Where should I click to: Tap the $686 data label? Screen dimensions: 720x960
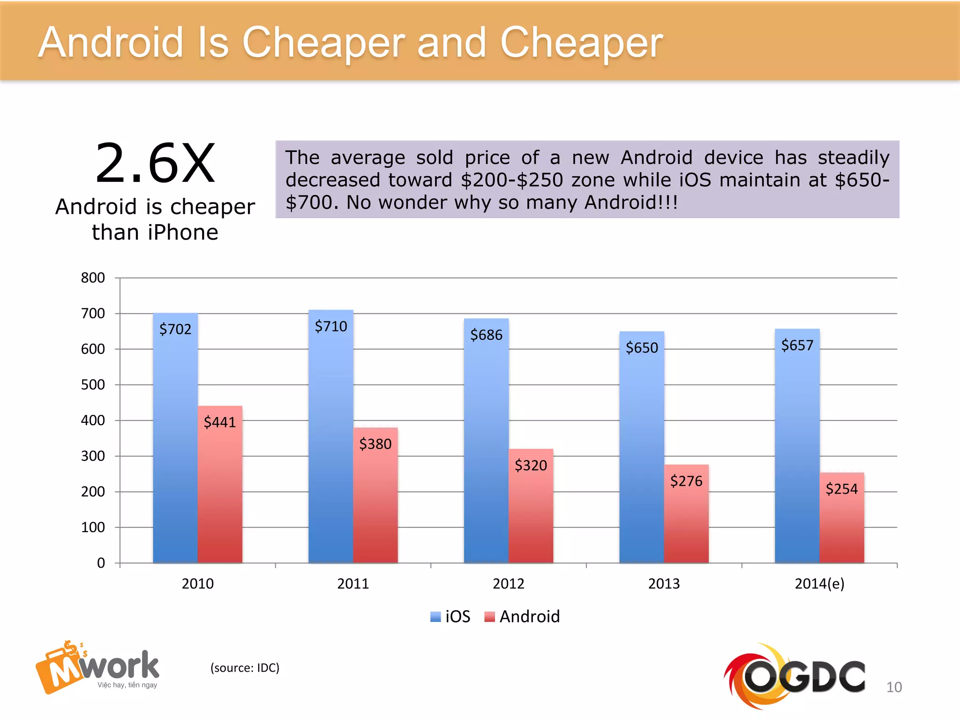(486, 335)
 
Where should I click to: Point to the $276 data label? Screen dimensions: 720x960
(686, 481)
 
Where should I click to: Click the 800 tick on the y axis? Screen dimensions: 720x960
(93, 277)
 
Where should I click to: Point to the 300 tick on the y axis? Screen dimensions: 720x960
(93, 456)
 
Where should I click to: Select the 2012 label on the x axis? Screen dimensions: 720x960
(509, 584)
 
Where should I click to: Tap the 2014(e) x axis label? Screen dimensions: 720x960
(819, 584)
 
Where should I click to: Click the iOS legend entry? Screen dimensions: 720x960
(450, 616)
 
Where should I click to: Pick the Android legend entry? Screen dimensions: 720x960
(522, 616)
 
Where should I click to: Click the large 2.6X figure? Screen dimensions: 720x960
(155, 164)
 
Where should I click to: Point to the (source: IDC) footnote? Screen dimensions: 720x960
(245, 667)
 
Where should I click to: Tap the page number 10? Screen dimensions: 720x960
(894, 687)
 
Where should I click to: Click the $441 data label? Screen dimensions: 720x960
(219, 422)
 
